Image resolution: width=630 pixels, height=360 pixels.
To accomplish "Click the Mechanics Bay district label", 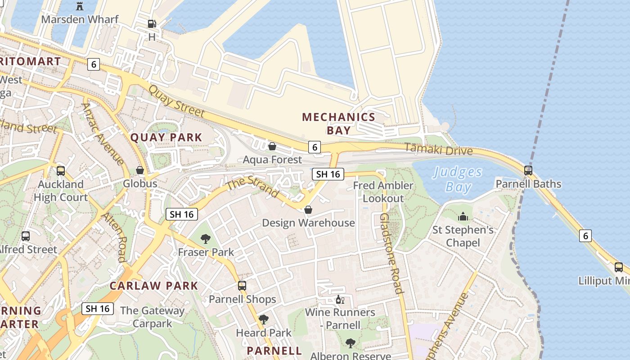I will coord(338,124).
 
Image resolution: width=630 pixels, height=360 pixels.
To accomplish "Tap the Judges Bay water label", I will coord(458,179).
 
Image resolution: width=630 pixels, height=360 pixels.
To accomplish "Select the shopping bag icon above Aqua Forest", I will coord(272,146).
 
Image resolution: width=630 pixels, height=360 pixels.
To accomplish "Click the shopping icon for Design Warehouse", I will coord(308,210).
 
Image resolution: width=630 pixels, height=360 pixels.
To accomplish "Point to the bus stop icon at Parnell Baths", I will coord(528,171).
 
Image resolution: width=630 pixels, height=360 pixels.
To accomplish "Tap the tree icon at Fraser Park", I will coord(206,238).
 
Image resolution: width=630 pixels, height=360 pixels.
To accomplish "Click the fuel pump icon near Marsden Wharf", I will coord(152,24).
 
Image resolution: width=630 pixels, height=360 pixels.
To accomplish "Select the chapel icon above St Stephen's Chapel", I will coord(463,217).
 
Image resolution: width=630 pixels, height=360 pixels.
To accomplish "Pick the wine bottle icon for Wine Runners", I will coord(340,299).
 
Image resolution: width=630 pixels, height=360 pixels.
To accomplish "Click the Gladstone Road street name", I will coord(391,253).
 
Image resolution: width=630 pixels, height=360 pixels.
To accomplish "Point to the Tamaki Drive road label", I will coord(439,149).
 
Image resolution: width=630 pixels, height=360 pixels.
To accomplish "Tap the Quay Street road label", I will coord(176,102).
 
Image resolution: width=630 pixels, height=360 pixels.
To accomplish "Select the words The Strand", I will coord(252,187).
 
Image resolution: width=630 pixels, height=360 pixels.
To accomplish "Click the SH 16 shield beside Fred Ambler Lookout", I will coord(328,174).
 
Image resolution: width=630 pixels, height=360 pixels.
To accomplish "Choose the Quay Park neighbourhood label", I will coord(166,138).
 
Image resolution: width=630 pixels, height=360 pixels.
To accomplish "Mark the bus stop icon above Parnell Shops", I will coord(242,286).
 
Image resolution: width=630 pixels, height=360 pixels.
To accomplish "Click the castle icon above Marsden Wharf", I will coord(80,6).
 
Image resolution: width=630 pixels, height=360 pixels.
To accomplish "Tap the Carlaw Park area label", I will coord(154,286).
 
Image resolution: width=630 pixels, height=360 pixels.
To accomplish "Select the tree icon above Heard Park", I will coord(264,319).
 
